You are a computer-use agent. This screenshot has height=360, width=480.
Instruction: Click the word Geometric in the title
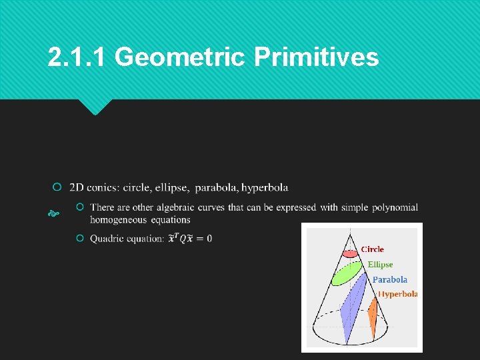[x=180, y=58]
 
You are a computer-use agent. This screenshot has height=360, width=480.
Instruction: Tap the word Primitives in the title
[x=316, y=58]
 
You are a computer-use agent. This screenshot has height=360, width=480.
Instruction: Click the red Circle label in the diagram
[x=372, y=249]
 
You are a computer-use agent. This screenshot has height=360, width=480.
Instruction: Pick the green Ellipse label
[x=380, y=265]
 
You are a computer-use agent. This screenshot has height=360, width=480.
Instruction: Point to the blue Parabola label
[x=389, y=280]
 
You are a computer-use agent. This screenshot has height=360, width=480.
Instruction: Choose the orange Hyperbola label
[x=397, y=294]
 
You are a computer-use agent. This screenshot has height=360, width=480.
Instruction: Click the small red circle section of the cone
[x=349, y=253]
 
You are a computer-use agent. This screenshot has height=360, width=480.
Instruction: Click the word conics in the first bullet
[x=101, y=187]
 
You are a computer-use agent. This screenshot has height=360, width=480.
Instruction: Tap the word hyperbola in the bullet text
[x=265, y=187]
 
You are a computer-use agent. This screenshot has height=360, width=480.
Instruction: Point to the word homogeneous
[x=119, y=219]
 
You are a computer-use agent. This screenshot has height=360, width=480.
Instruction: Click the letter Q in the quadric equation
[x=183, y=239]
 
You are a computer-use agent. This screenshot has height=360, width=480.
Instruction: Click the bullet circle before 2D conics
[x=58, y=187]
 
